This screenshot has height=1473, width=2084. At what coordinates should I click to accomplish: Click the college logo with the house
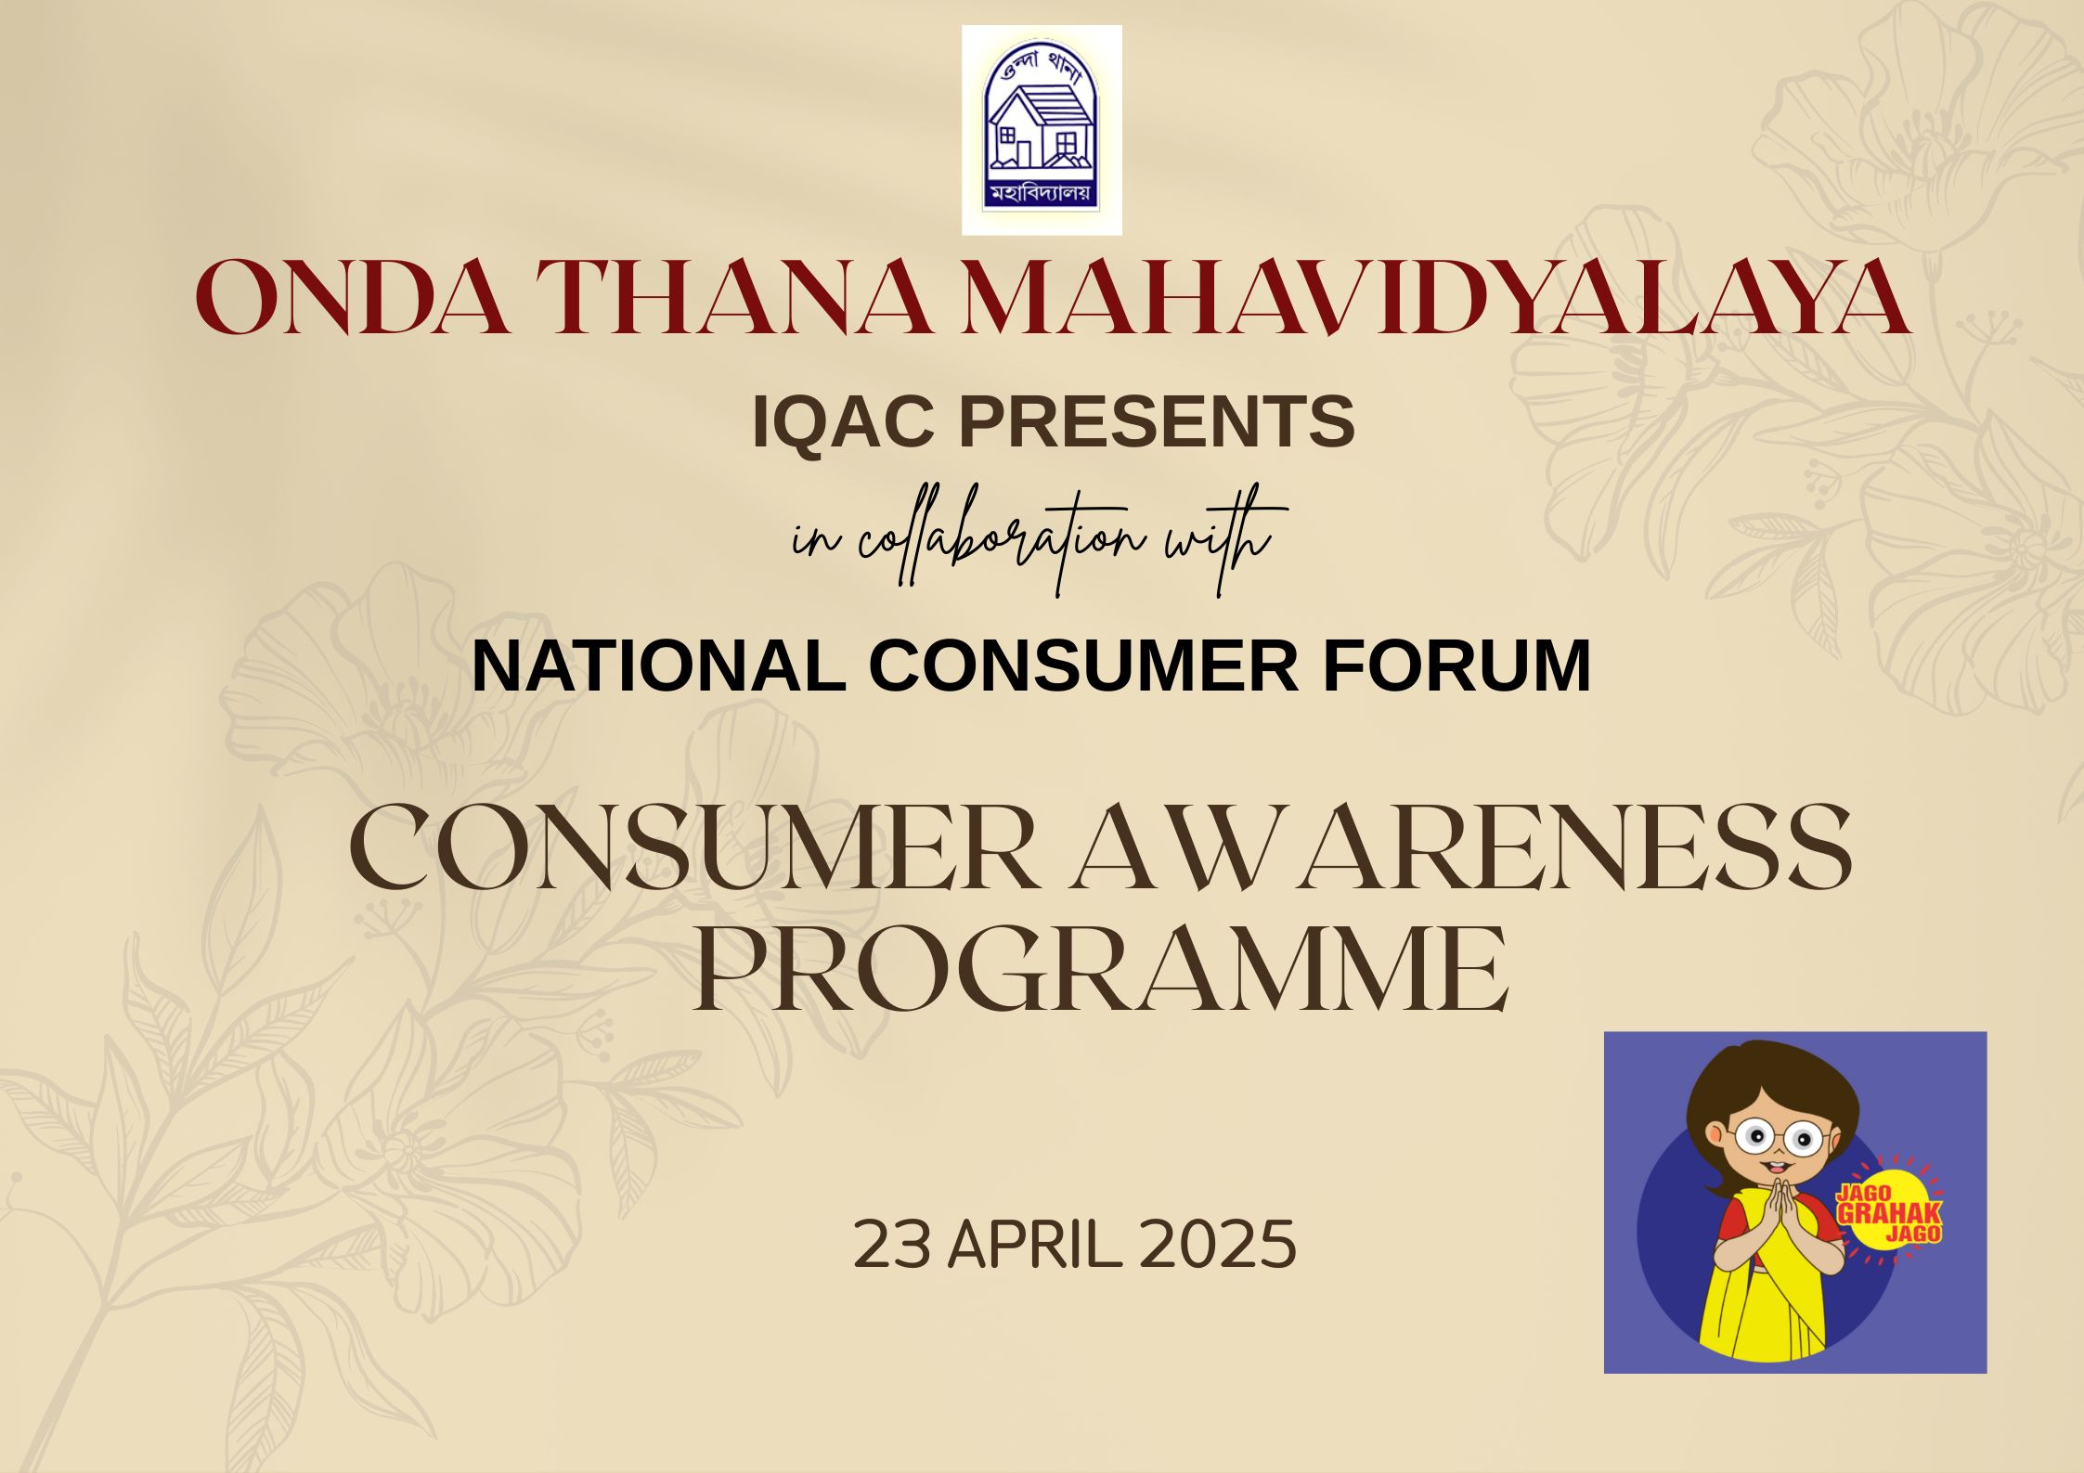click(1042, 130)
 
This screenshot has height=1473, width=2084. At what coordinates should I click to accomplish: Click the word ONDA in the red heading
click(352, 298)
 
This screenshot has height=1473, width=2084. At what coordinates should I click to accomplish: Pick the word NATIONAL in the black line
click(658, 665)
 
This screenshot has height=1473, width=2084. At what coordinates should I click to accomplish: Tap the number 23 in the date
click(891, 1245)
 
